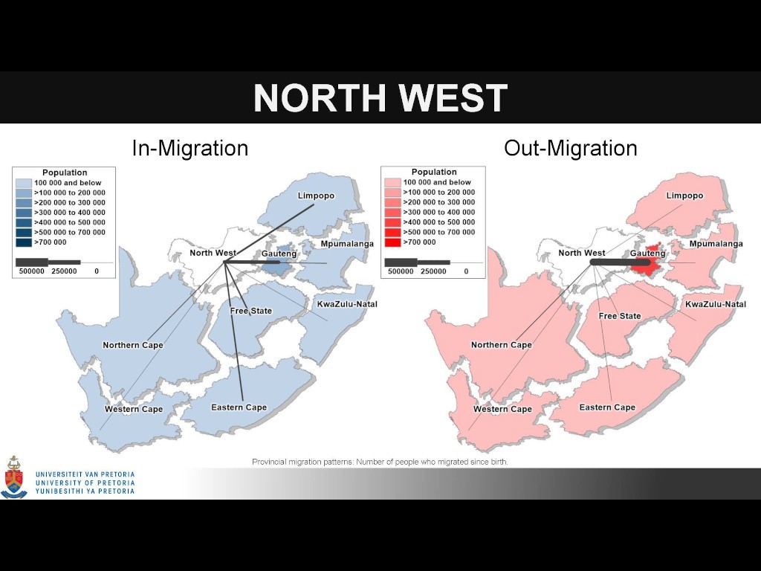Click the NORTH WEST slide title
(380, 97)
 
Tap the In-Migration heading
(190, 148)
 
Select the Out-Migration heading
(570, 148)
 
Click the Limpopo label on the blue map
(316, 196)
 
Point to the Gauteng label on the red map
(647, 254)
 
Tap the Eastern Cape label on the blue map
(239, 407)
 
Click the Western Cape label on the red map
(502, 409)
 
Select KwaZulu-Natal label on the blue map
(347, 304)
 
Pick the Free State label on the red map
(620, 316)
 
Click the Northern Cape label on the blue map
(132, 345)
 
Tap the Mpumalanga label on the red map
(716, 244)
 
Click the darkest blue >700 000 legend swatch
(24, 242)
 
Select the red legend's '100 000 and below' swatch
(392, 182)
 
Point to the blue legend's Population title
(65, 172)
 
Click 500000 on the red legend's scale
(401, 271)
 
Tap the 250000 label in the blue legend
(64, 271)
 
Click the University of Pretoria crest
(14, 478)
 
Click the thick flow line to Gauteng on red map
(621, 262)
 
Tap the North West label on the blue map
(213, 253)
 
